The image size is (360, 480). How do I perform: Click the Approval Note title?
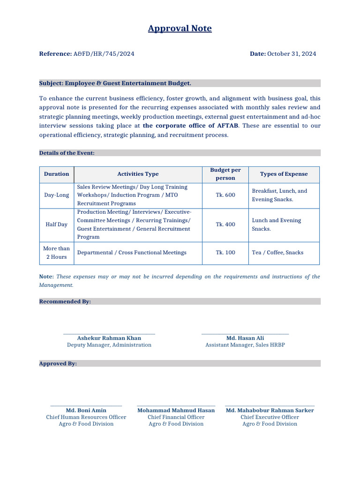[180, 29]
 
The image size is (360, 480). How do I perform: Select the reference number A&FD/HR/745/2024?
[104, 54]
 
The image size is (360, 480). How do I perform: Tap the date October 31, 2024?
[291, 54]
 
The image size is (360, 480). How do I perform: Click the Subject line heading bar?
[180, 83]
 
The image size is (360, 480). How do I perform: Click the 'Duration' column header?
[56, 174]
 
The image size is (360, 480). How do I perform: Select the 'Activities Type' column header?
[138, 174]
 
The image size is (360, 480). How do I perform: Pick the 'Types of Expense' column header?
[284, 174]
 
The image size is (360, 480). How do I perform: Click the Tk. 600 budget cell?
[225, 195]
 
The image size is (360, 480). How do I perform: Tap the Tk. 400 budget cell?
[225, 225]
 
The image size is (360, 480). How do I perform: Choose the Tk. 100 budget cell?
[225, 253]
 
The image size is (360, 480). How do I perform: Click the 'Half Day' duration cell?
[56, 225]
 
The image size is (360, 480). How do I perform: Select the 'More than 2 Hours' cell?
[56, 253]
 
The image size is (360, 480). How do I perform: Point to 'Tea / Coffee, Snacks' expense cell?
[277, 253]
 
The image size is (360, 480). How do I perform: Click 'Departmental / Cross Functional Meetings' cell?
[132, 253]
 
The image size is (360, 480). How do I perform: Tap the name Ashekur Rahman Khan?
[109, 338]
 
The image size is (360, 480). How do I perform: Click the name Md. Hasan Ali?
[245, 338]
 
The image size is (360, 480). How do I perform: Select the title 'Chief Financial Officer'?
[176, 417]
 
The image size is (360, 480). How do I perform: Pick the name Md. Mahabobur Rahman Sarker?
[270, 411]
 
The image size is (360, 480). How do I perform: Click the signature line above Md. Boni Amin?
[86, 406]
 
